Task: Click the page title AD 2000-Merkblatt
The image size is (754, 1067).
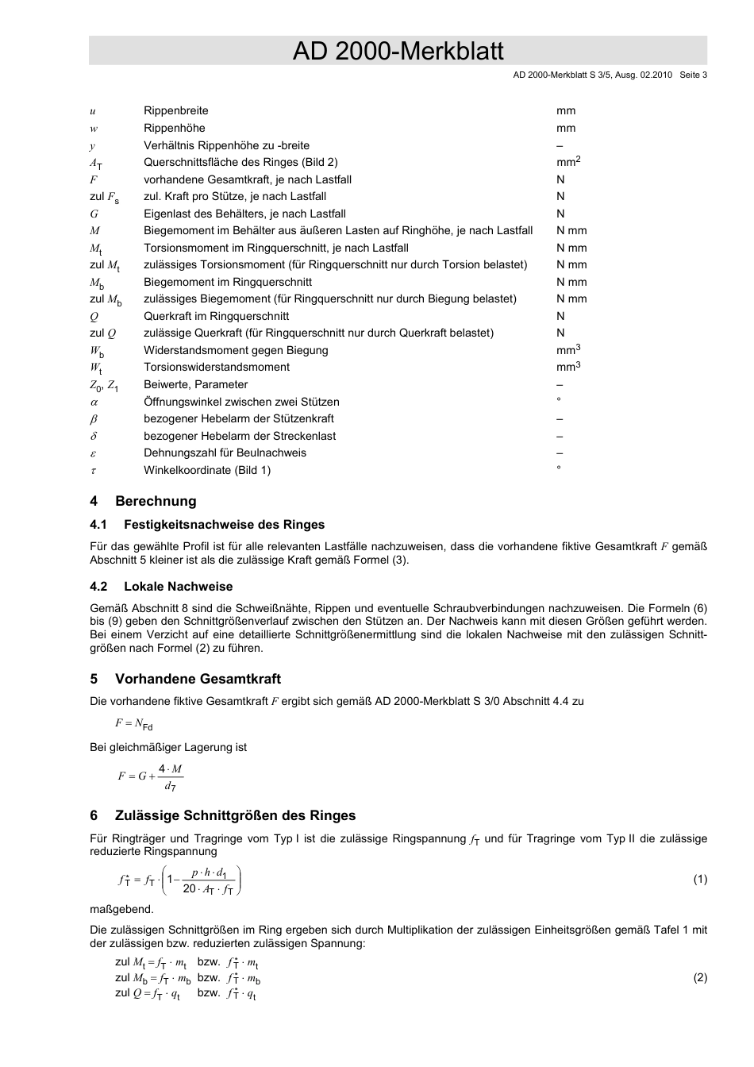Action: pos(398,52)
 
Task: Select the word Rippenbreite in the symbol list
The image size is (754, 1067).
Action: pos(175,111)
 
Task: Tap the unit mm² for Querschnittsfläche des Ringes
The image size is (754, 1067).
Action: pos(568,162)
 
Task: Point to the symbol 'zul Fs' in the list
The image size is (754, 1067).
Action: pos(104,197)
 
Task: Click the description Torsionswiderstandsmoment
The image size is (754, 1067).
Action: pos(216,368)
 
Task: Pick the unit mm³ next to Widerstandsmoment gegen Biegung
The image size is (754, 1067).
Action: pos(568,350)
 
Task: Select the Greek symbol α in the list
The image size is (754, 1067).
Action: pos(94,403)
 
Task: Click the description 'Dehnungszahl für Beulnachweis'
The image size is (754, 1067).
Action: pos(225,453)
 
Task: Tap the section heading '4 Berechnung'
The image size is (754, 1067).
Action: pos(143,501)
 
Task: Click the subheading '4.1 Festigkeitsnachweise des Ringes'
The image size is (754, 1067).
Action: pos(207,525)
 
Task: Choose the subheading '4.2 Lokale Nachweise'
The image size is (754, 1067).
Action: pos(161,587)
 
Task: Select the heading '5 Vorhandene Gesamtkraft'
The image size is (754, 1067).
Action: pos(185,679)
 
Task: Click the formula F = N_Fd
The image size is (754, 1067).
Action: pos(133,724)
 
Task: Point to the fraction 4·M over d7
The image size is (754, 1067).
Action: pos(170,777)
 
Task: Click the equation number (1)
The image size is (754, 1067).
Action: pos(699,879)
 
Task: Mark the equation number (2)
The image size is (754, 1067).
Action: pos(699,978)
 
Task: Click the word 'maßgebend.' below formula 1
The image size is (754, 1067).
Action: pos(121,910)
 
